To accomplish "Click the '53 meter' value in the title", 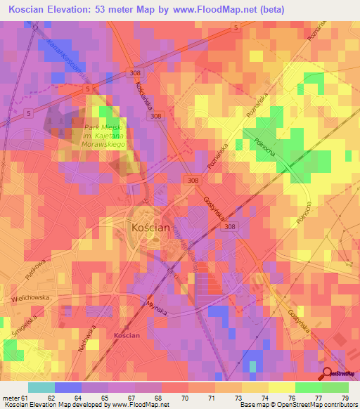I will (134, 10).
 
